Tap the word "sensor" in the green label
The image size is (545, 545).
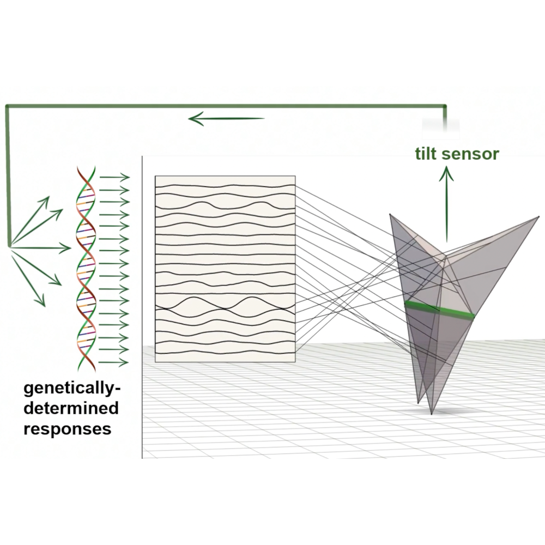click(x=470, y=154)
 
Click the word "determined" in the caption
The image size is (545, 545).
click(x=71, y=408)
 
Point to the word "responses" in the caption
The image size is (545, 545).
click(x=68, y=428)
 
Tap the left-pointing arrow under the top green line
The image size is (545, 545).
click(x=226, y=118)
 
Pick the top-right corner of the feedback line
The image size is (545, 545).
click(x=446, y=106)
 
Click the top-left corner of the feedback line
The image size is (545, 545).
click(x=7, y=106)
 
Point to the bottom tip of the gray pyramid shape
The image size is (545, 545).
click(x=431, y=413)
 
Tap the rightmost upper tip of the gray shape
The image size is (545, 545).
click(x=538, y=217)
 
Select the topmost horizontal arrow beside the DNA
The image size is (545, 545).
click(x=114, y=177)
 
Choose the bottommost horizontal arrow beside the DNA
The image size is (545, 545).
click(x=114, y=362)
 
